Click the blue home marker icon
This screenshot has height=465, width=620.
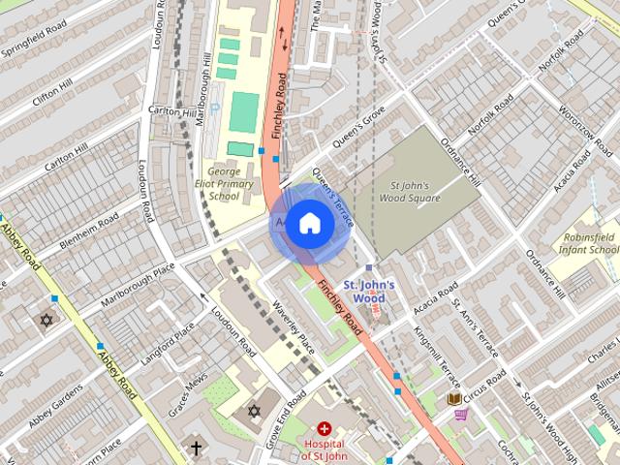309,224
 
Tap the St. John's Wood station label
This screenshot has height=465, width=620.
370,292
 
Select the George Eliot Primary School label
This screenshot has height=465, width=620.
224,184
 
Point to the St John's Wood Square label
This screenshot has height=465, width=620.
415,191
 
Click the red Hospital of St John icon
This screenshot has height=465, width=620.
324,427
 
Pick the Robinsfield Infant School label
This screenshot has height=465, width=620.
587,242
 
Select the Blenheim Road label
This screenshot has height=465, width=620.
87,227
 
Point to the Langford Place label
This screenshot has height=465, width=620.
167,345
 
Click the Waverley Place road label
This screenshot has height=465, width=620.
294,329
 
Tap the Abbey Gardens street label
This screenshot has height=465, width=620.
55,407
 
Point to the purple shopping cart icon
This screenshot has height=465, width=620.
461,415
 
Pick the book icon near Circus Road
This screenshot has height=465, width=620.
453,397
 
